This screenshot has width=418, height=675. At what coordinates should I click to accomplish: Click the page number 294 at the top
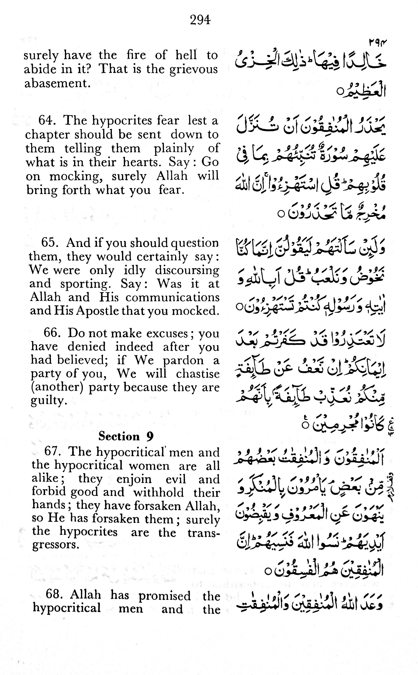pyautogui.click(x=200, y=20)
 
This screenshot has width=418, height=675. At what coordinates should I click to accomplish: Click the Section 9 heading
pyautogui.click(x=126, y=436)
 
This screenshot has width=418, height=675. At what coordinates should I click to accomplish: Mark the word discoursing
pyautogui.click(x=187, y=270)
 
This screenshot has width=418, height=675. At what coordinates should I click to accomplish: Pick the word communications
pyautogui.click(x=173, y=297)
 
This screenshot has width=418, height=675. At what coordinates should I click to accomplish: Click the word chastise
pyautogui.click(x=198, y=374)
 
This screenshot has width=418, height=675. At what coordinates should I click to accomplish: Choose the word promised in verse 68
pyautogui.click(x=165, y=596)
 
